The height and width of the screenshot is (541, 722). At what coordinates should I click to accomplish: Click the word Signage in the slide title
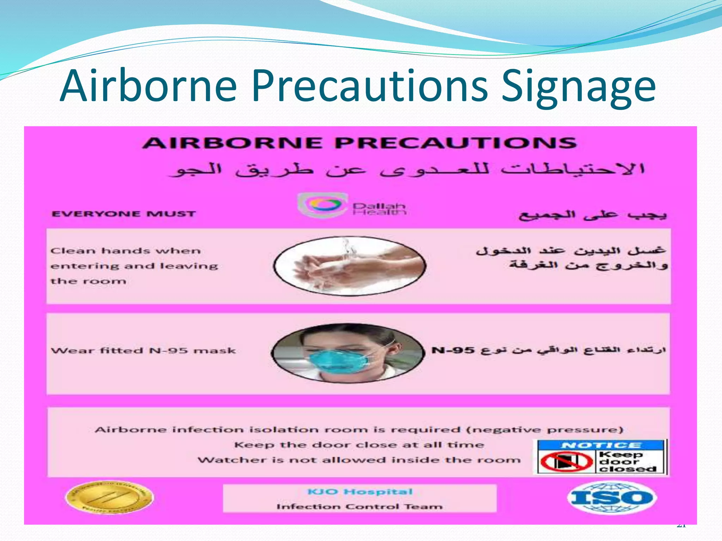pos(578,86)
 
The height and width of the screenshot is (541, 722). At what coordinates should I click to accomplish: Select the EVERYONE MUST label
pos(123,214)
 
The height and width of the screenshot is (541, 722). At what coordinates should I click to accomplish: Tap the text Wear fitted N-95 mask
pos(143,351)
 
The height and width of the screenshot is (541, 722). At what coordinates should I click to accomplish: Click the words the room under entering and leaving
pos(88,281)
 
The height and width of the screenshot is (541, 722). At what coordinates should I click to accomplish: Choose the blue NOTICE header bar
pos(601,445)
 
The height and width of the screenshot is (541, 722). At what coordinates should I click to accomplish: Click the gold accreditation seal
pos(110,497)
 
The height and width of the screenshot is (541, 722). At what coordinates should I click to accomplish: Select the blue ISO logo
pos(612,497)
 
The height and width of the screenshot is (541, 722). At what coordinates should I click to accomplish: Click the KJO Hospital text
pos(360,492)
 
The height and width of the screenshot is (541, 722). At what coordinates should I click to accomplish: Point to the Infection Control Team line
pos(360,506)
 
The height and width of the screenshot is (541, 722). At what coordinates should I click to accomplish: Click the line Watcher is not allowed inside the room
pos(359,460)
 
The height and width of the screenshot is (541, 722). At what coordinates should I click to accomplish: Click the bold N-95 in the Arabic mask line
pos(453,350)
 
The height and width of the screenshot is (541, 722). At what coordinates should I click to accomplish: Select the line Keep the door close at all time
pos(359,445)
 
